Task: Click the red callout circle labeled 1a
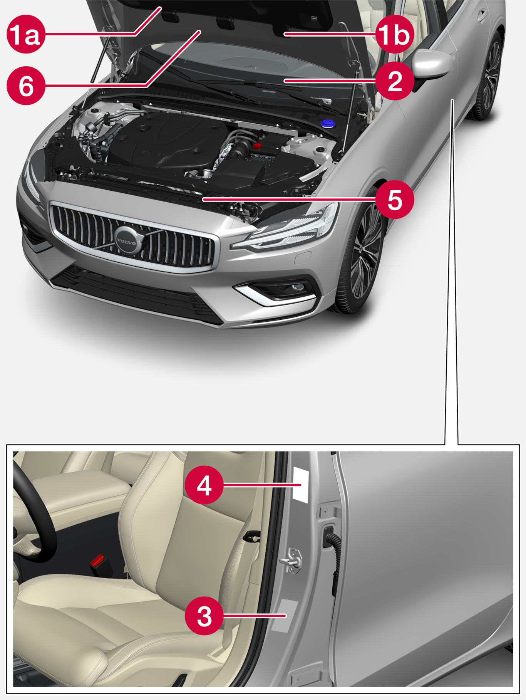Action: (x=26, y=34)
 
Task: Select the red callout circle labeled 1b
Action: (x=395, y=34)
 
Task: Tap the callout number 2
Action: (x=395, y=81)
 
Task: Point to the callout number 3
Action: (x=204, y=616)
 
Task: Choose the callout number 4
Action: (x=204, y=485)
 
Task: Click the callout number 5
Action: (x=395, y=200)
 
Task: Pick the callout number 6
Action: (x=26, y=86)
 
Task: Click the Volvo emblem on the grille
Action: (x=127, y=241)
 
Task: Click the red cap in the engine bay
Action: (x=258, y=146)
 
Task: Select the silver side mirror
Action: (x=432, y=64)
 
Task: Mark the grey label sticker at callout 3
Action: (x=285, y=616)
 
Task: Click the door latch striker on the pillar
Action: (x=291, y=560)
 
